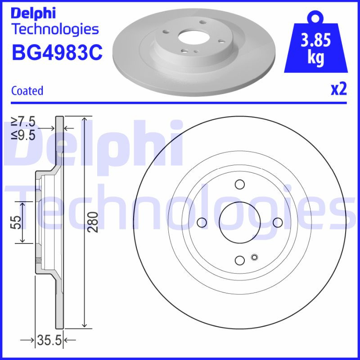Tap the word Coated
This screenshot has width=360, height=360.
coord(27,90)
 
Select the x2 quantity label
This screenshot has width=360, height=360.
coord(339,90)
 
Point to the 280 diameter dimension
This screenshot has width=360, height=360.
coord(93,221)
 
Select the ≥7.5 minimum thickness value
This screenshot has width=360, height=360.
coord(23,121)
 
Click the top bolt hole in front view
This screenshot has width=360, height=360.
coord(239,184)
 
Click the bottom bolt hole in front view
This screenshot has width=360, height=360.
coord(239,260)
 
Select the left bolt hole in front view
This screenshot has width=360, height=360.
coord(202,222)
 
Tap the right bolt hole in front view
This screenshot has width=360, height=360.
coord(277,222)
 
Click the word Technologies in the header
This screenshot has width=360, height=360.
coord(54,30)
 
